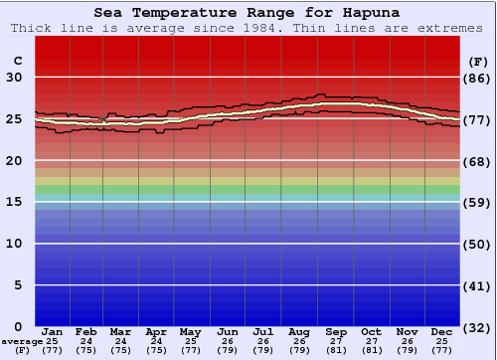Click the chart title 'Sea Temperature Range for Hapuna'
click(x=248, y=13)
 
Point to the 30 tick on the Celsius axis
click(x=17, y=78)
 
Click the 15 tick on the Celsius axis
click(x=17, y=202)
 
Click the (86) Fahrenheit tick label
click(x=478, y=78)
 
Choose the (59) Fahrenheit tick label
click(x=478, y=202)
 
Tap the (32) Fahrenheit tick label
click(x=478, y=326)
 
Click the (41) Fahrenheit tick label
click(x=478, y=285)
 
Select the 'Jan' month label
click(x=53, y=331)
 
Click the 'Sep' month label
click(x=336, y=331)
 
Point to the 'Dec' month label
click(x=442, y=331)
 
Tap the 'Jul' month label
click(x=263, y=331)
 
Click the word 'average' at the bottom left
click(x=22, y=341)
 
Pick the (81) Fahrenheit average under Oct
click(x=371, y=350)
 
